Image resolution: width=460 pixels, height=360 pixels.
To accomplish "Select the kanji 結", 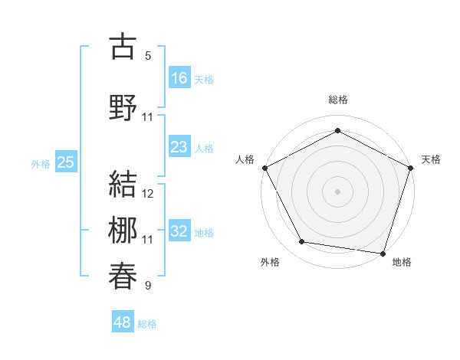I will [x=123, y=185].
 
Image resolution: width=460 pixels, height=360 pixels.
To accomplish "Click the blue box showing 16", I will [x=179, y=77].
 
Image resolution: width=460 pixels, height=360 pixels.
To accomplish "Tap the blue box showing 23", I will [x=179, y=147].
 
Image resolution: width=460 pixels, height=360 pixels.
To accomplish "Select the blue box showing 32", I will [x=179, y=231].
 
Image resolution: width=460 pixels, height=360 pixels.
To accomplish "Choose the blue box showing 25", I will [x=66, y=162].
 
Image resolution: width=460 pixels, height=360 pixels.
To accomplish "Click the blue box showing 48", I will [x=123, y=322].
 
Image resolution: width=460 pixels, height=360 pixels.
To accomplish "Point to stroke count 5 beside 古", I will [x=148, y=55].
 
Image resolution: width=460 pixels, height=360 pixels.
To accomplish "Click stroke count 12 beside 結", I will [x=148, y=194].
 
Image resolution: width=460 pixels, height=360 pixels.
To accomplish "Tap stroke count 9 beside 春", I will [x=148, y=286].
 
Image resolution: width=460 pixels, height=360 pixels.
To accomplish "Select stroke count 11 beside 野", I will [x=148, y=116].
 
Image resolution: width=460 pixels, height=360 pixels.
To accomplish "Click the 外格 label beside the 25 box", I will [x=41, y=163].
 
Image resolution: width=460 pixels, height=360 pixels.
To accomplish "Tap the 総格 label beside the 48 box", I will [x=147, y=324].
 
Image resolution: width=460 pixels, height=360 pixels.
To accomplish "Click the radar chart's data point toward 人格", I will [x=264, y=167].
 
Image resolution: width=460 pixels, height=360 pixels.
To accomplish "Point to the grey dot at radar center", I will [x=337, y=191].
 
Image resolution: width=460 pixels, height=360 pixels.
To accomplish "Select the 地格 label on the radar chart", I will [x=402, y=262].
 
